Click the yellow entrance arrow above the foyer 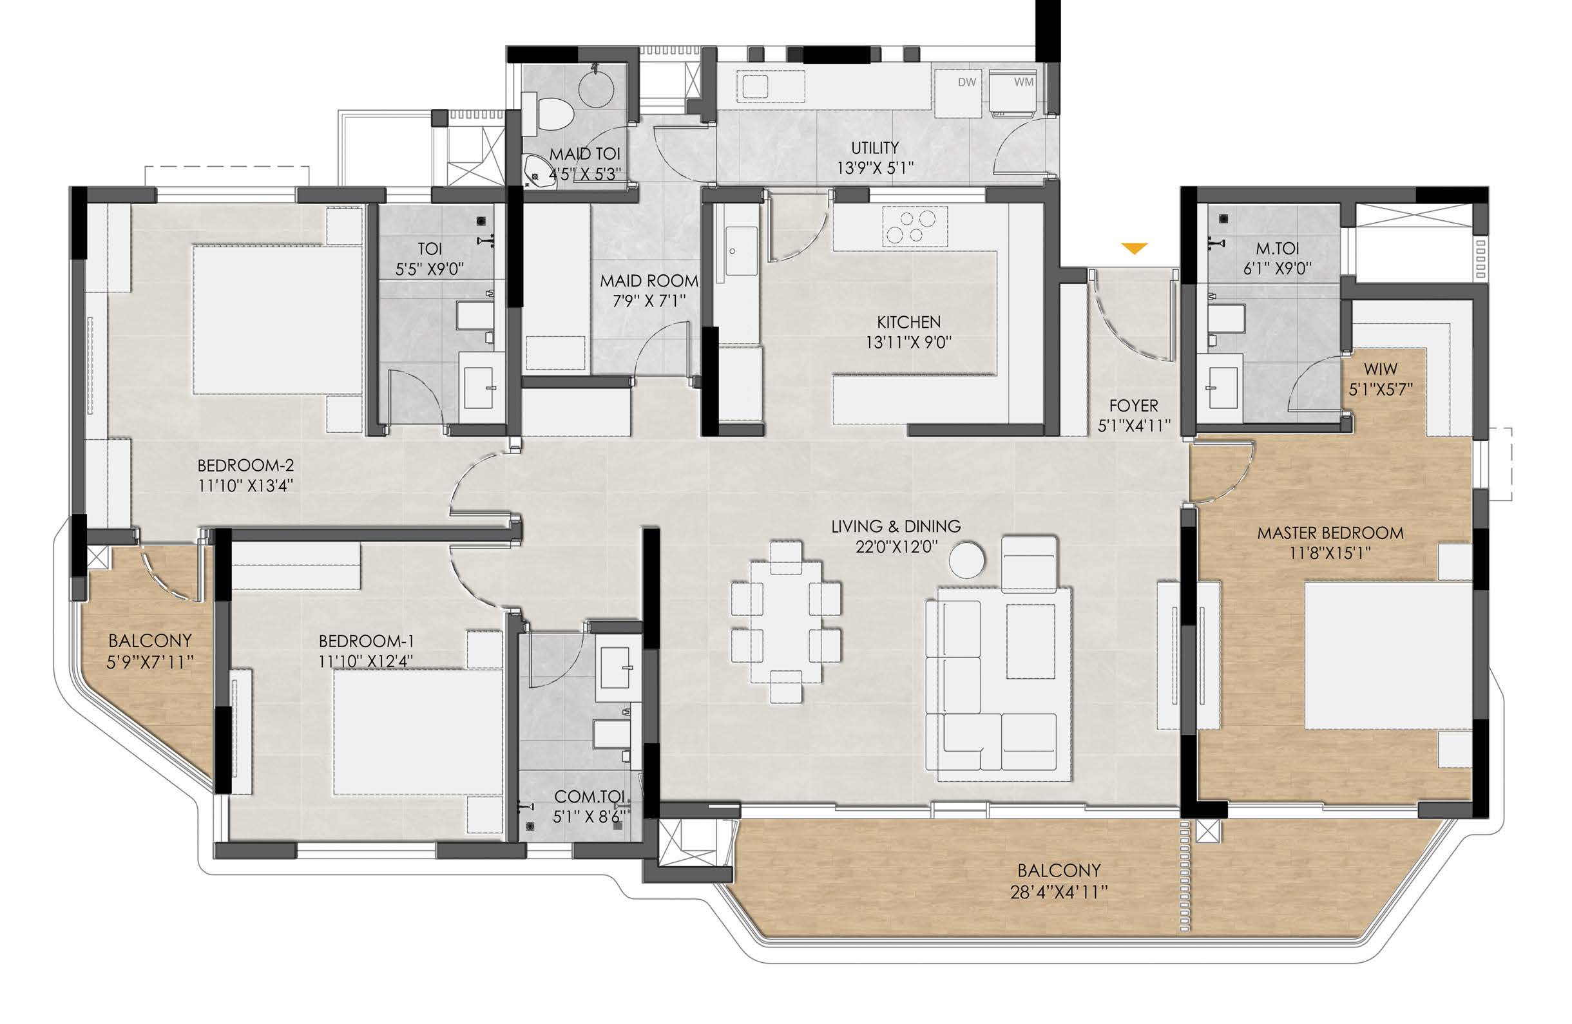[1135, 249]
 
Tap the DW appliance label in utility [967, 82]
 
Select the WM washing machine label [1024, 82]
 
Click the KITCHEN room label [909, 322]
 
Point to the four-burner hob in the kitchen [909, 227]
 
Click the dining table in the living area [786, 621]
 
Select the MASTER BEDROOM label [1330, 533]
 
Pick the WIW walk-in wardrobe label [1381, 369]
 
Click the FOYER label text [1133, 405]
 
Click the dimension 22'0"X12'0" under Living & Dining [896, 547]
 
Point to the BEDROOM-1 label [367, 640]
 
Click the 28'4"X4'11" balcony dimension [1058, 892]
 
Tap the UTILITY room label [874, 147]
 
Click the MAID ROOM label [649, 281]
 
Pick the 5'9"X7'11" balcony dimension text [150, 661]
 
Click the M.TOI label [1278, 249]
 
